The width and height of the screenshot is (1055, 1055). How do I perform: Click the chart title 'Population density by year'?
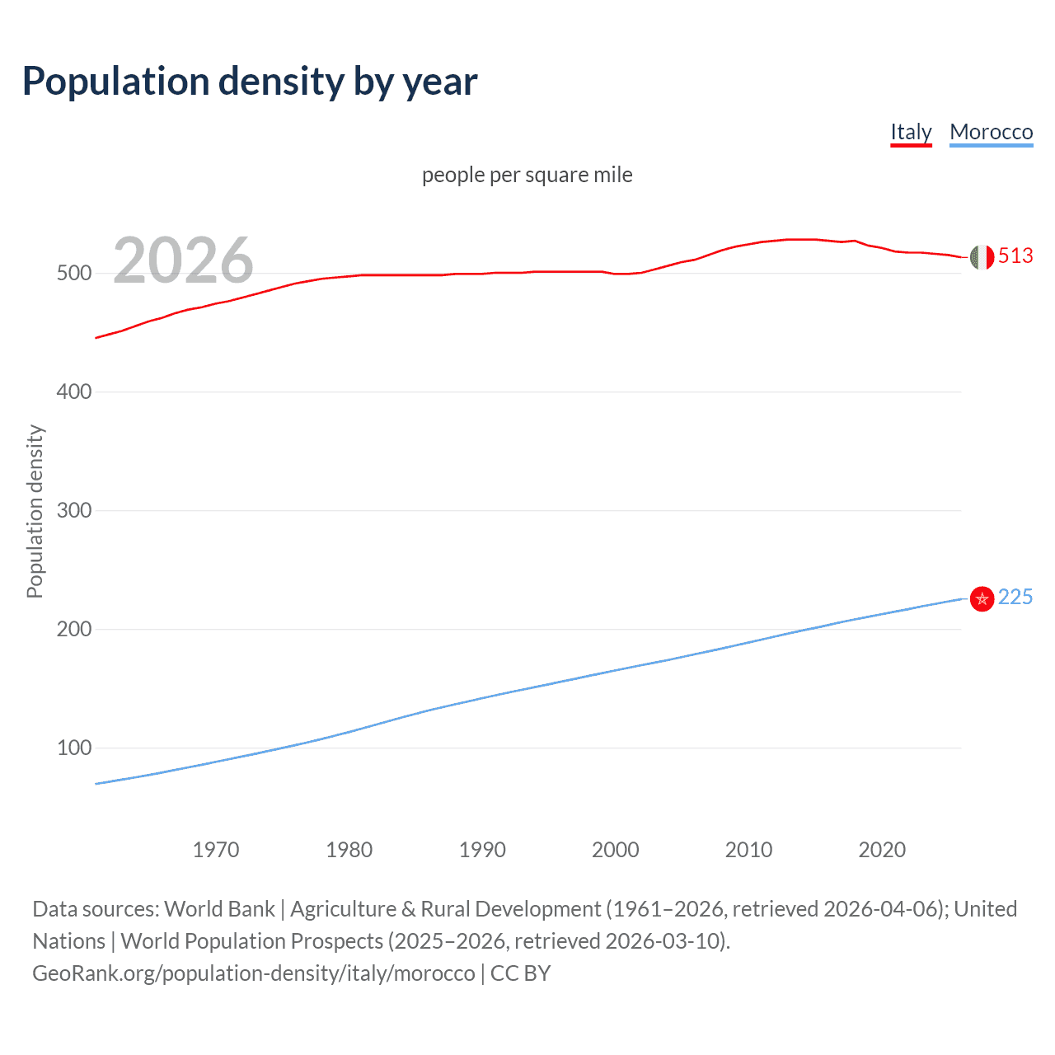250,81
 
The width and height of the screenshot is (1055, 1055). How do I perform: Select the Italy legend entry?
911,132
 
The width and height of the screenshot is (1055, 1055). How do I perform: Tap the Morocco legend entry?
991,132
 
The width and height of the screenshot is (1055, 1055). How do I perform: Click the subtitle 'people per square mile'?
527,175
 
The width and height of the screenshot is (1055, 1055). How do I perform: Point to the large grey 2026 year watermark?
183,260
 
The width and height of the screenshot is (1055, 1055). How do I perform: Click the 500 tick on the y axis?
73,273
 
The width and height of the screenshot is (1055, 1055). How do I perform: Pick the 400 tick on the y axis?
73,392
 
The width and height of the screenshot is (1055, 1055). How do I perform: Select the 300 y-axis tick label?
73,510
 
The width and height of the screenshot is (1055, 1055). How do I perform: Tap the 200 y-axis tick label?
73,629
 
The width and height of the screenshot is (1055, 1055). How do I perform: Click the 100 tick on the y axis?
73,748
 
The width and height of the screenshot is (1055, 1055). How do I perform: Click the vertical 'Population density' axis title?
35,511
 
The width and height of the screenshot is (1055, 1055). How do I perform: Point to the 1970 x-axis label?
216,850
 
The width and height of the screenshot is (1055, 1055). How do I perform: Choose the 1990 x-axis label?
482,850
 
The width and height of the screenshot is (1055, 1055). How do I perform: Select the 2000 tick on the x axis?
616,850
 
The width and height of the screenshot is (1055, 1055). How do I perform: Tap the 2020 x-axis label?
882,850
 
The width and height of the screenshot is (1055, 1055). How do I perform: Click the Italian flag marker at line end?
982,257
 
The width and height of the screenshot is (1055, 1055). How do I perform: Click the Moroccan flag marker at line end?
982,598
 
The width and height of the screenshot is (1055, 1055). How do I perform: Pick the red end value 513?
1015,256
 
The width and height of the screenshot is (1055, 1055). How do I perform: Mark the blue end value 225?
1015,598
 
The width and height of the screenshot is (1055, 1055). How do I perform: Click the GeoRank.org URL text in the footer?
254,973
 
